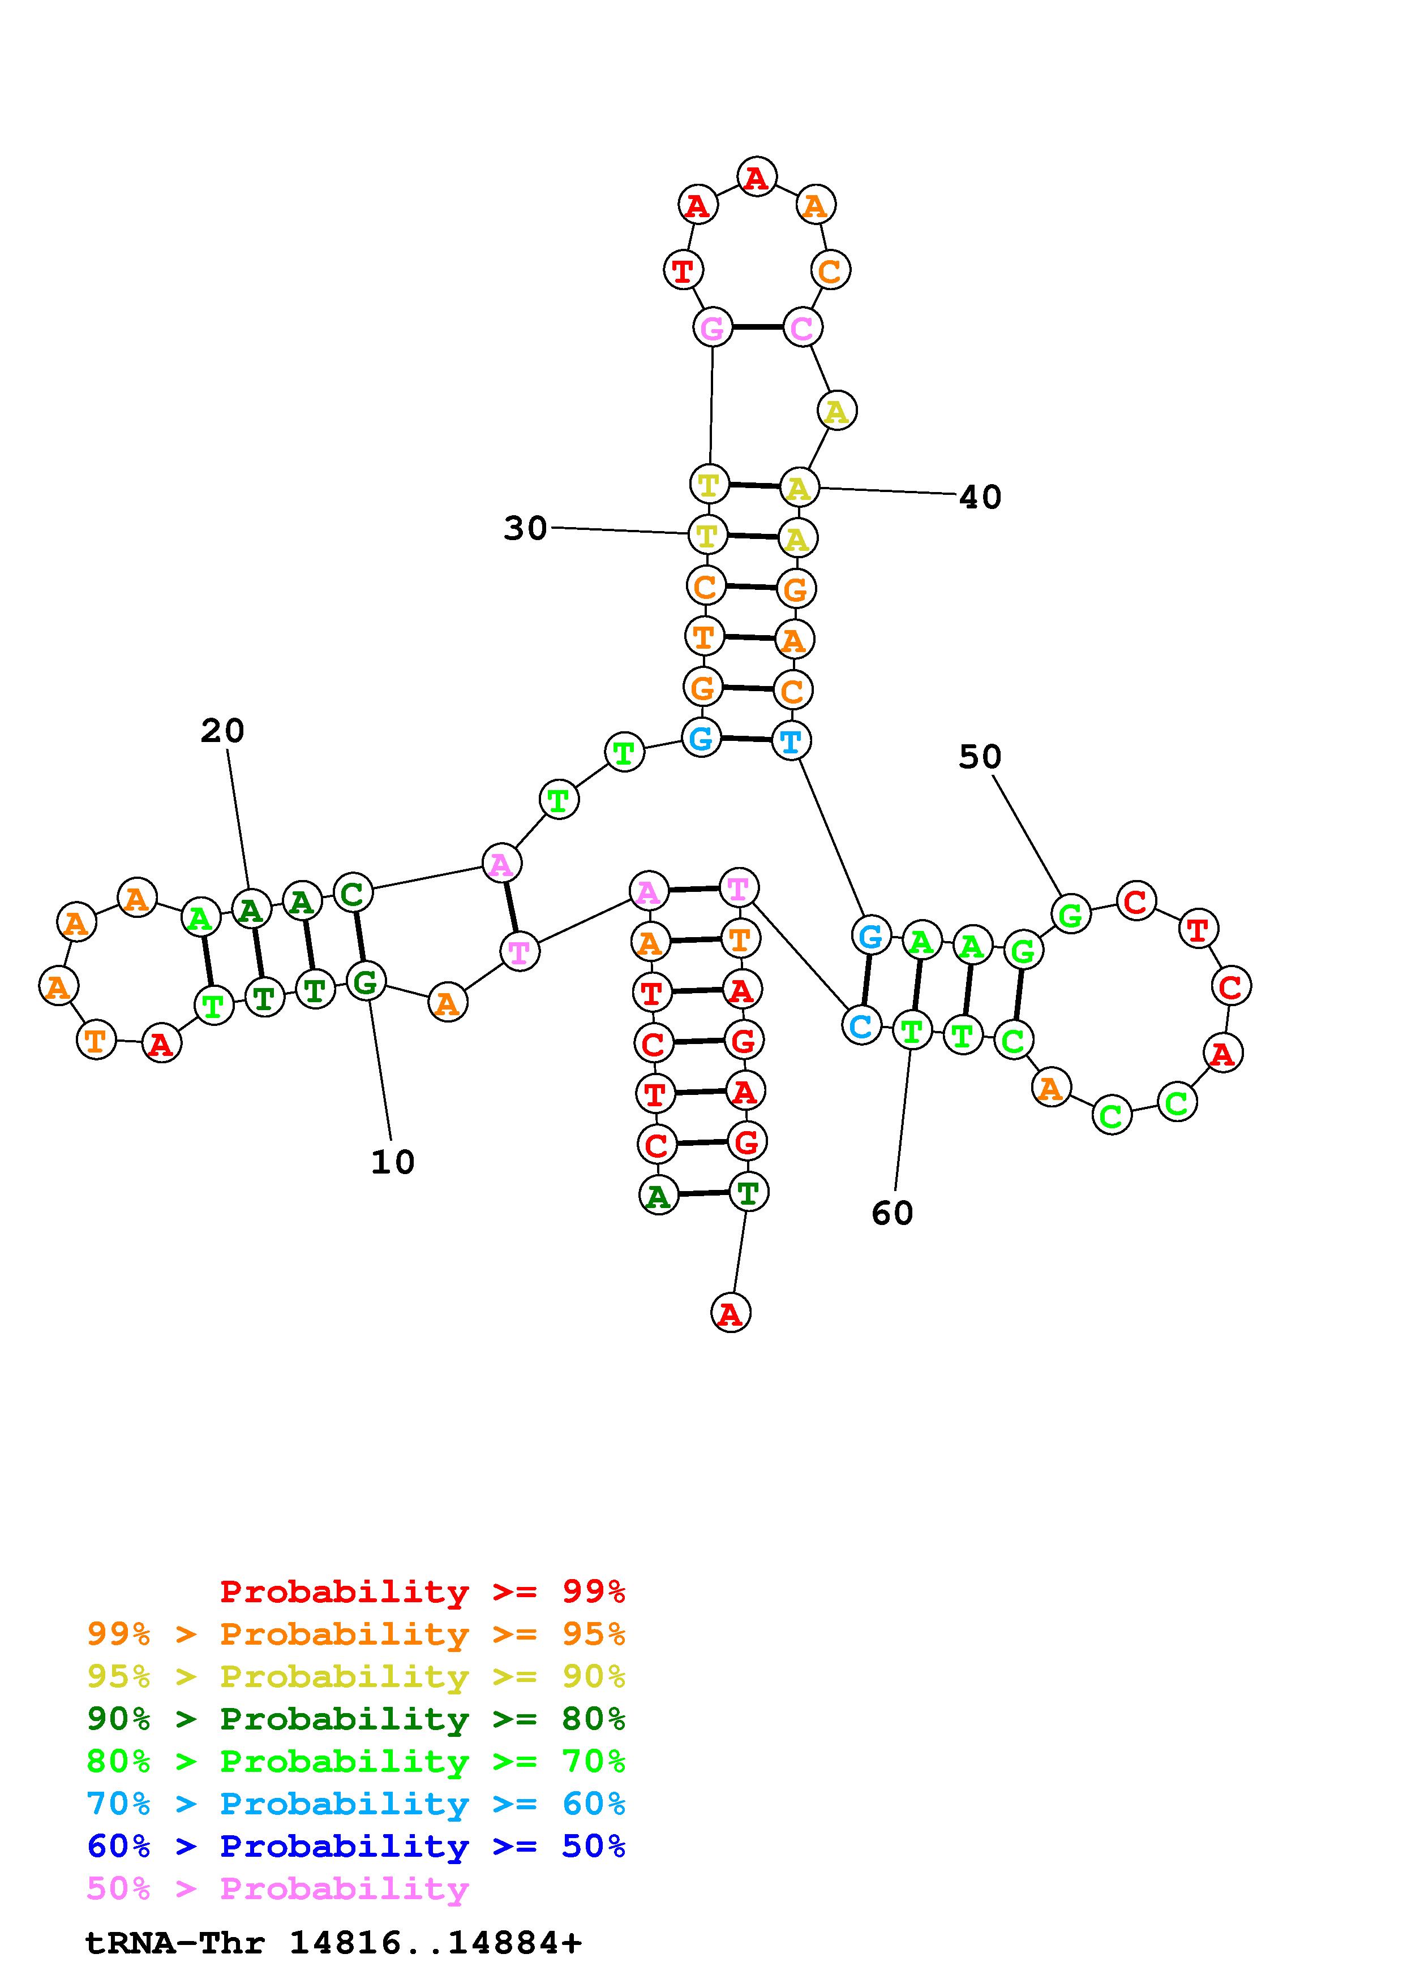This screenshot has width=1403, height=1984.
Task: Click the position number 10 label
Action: coord(392,1162)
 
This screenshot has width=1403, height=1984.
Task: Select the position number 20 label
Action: coord(222,731)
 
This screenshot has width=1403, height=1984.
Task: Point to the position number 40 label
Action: coord(980,497)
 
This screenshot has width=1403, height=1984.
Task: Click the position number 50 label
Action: coord(980,757)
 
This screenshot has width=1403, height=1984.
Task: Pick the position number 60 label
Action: coord(892,1213)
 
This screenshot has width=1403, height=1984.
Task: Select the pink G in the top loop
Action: coord(713,327)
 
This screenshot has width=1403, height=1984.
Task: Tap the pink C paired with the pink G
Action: coord(802,327)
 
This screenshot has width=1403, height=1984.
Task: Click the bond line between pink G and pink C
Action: coord(757,327)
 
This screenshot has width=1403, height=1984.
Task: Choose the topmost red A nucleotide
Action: coord(756,177)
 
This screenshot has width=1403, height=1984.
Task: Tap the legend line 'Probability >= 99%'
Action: coord(422,1591)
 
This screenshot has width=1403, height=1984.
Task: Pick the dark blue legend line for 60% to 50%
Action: coord(355,1846)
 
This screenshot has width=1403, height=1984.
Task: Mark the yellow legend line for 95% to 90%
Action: coord(355,1676)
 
